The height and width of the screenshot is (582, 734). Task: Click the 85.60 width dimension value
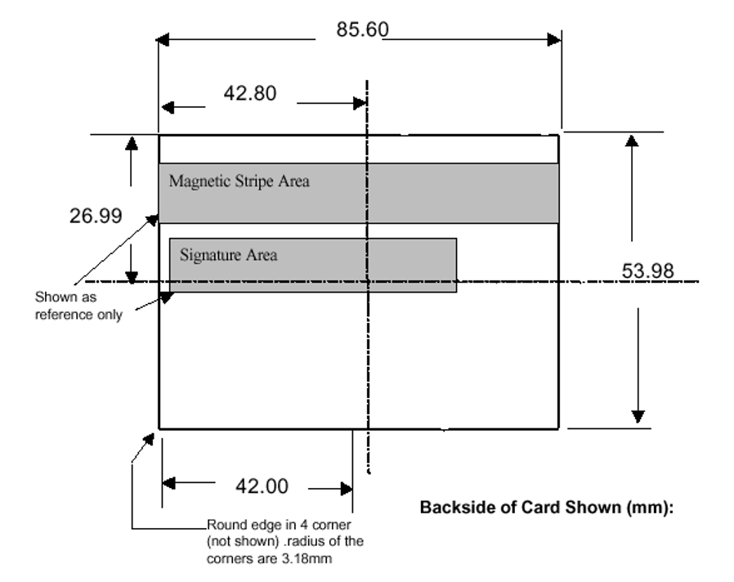[x=362, y=30]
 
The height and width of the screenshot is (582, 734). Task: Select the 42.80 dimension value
[x=250, y=93]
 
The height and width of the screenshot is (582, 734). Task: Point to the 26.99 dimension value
[x=96, y=216]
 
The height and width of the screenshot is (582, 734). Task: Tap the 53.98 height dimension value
[x=648, y=271]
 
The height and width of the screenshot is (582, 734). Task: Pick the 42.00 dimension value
[x=262, y=486]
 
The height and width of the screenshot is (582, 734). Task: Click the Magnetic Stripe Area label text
[x=239, y=181]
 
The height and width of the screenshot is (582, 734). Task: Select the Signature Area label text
[x=228, y=255]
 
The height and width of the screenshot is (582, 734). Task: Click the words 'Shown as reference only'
[x=78, y=306]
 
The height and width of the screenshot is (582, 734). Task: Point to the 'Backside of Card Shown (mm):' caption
[x=546, y=507]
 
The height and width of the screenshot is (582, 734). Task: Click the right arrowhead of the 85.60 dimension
[x=555, y=39]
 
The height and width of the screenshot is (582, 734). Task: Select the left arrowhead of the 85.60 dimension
[x=163, y=39]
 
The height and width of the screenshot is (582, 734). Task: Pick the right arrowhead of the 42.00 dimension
[x=346, y=489]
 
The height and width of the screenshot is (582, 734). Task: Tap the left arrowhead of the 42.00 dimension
[x=168, y=483]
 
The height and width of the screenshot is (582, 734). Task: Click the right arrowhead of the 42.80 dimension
[x=359, y=103]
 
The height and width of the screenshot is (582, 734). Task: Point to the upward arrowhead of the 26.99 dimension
[x=130, y=144]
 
